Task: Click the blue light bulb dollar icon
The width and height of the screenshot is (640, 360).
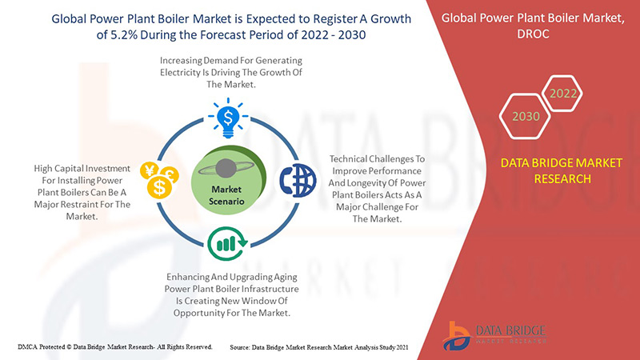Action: [x=228, y=118]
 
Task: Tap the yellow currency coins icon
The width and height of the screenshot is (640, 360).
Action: [x=159, y=180]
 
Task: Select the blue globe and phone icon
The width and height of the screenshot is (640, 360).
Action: [x=298, y=180]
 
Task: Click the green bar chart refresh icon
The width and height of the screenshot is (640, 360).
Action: [x=227, y=244]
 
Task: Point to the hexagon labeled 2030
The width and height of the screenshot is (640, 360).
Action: [x=526, y=116]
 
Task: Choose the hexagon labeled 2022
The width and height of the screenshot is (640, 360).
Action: [x=563, y=94]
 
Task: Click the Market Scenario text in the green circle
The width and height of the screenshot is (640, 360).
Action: [x=226, y=195]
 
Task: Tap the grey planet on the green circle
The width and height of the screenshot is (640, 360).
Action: [x=226, y=168]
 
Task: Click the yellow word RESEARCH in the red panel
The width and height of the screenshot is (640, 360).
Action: [x=562, y=178]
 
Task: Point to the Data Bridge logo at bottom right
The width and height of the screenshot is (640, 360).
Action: [x=494, y=335]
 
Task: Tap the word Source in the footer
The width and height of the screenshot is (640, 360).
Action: [x=239, y=347]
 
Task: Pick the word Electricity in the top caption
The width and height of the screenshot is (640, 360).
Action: [x=178, y=73]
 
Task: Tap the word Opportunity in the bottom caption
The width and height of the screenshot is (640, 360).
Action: [x=196, y=313]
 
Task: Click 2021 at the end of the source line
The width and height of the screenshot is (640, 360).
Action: [x=402, y=347]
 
